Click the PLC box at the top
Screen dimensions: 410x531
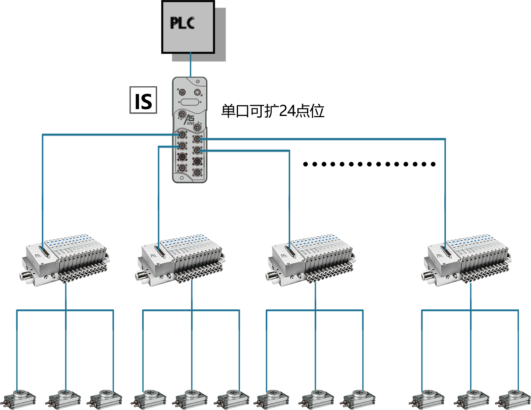(x=188, y=27)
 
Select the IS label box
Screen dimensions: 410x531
(x=143, y=101)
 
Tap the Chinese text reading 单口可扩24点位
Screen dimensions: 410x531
(x=273, y=111)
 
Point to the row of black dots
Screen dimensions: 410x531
(x=369, y=164)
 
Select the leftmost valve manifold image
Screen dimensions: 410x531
(x=65, y=258)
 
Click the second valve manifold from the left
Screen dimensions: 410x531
(x=181, y=258)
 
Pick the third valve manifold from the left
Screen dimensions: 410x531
(x=311, y=258)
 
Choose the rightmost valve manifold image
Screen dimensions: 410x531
(x=467, y=258)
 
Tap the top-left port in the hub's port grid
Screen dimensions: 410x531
(x=182, y=134)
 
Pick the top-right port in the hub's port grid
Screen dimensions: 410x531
(x=197, y=139)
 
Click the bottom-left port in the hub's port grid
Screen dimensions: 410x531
(x=182, y=168)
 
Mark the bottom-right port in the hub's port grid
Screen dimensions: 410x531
(x=197, y=173)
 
